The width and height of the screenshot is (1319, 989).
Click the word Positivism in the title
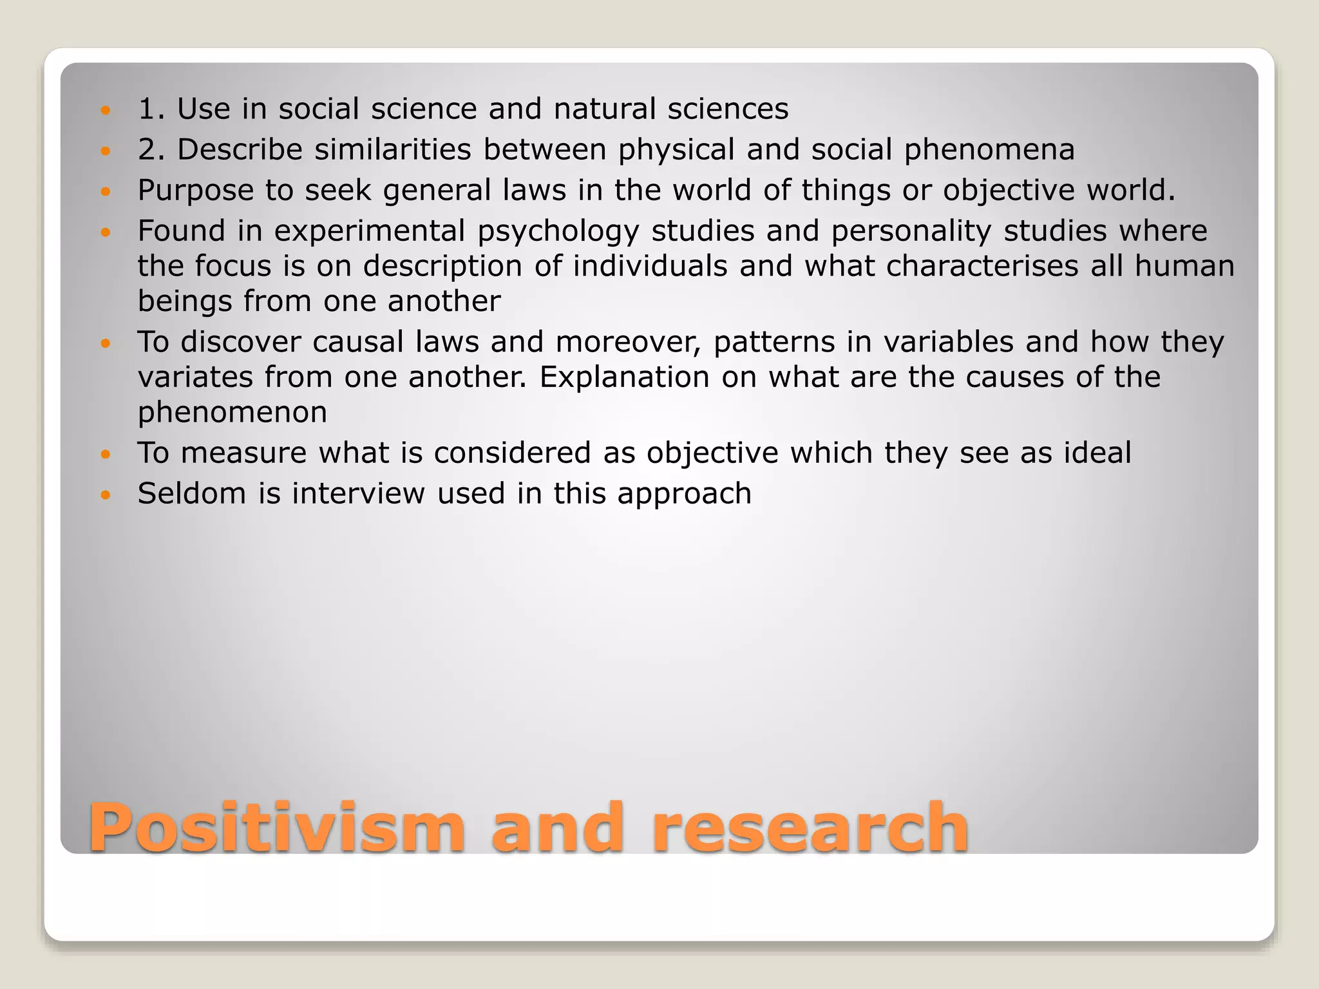pyautogui.click(x=277, y=828)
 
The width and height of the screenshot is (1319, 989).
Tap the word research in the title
pyautogui.click(x=810, y=828)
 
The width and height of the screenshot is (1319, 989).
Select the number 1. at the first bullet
pyautogui.click(x=152, y=109)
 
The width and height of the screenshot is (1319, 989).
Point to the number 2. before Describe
pyautogui.click(x=152, y=149)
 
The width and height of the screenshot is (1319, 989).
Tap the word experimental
pyautogui.click(x=370, y=231)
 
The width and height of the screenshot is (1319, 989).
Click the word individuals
pyautogui.click(x=650, y=266)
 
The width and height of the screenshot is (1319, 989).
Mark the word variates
pyautogui.click(x=195, y=377)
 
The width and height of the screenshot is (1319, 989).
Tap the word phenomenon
pyautogui.click(x=232, y=413)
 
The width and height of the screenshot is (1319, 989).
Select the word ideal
pyautogui.click(x=1097, y=453)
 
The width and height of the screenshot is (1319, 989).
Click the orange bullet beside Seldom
pyautogui.click(x=106, y=494)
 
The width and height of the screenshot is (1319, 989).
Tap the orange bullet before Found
pyautogui.click(x=106, y=232)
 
